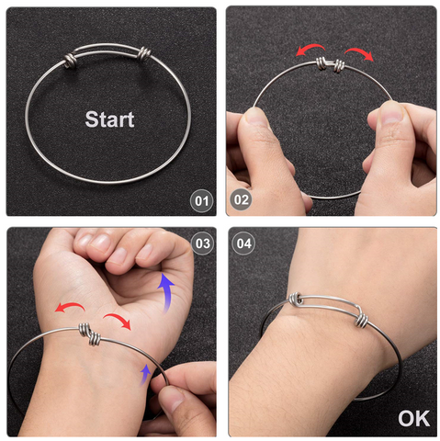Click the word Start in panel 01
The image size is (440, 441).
[x=109, y=119]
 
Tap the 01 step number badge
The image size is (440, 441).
[x=201, y=201]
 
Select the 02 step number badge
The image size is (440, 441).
[x=241, y=199]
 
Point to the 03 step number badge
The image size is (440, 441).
[x=202, y=243]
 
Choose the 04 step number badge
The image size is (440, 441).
[x=243, y=243]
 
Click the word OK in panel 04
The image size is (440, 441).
[x=414, y=419]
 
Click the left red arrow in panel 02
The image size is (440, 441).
[x=310, y=49]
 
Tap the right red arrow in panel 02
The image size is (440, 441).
[x=360, y=52]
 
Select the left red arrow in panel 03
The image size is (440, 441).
[x=70, y=306]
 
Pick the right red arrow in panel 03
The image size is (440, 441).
[x=118, y=319]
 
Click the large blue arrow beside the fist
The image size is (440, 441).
[x=165, y=291]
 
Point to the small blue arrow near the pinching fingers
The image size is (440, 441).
[x=145, y=374]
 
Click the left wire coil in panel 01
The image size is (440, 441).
[x=70, y=60]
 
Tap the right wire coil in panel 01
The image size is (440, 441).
[x=143, y=54]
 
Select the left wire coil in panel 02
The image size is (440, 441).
[x=322, y=63]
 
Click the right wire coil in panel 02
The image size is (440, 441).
[x=339, y=65]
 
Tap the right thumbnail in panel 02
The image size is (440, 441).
[x=390, y=112]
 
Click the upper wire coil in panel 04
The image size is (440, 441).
[x=296, y=300]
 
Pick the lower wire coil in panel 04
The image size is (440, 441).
[x=362, y=320]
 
